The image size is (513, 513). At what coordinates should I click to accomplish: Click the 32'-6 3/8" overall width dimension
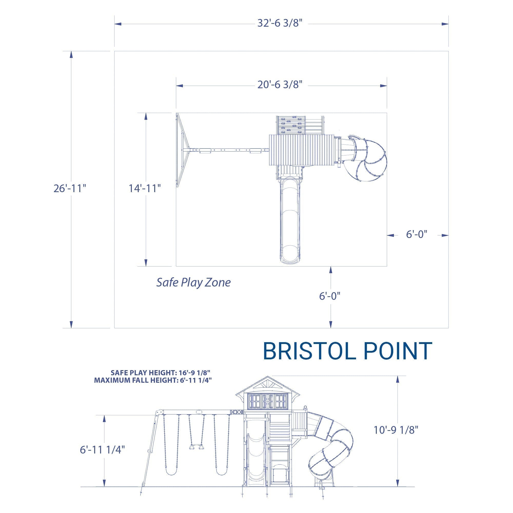click(280, 23)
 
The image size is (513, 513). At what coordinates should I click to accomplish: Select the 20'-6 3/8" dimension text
click(280, 85)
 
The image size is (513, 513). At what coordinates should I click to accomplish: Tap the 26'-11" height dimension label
click(70, 189)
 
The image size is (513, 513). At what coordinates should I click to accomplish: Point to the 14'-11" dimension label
click(145, 189)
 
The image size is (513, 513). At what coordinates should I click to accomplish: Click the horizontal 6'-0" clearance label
click(417, 234)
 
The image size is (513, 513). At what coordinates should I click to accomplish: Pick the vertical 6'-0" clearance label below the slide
click(330, 296)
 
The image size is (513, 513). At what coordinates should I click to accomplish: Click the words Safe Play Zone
click(193, 282)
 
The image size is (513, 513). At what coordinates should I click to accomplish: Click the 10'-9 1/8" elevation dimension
click(396, 437)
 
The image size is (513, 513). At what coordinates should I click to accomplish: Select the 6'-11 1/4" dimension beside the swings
click(102, 450)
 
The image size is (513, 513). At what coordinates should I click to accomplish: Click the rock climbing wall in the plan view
click(290, 125)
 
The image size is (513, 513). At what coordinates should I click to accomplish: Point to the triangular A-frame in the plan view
click(182, 150)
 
